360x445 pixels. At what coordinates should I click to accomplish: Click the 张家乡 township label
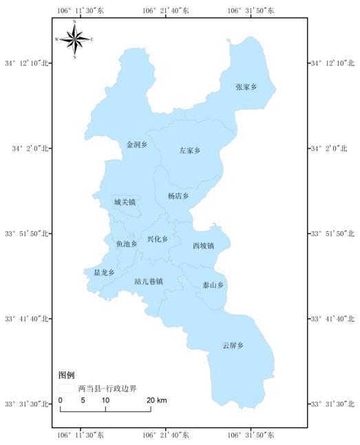point(246,87)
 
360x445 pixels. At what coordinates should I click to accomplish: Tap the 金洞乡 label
point(137,145)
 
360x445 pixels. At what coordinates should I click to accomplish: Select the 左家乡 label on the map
point(189,150)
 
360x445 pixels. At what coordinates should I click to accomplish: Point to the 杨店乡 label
point(178,196)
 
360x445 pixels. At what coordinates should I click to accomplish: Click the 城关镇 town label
point(125,202)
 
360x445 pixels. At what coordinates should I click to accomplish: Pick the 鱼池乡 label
point(126,243)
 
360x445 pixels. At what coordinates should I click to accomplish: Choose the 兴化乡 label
point(158,239)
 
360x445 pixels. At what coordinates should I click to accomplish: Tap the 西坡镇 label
point(204,246)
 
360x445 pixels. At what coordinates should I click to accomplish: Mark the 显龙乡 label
point(105,272)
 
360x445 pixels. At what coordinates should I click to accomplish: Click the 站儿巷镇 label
point(149,281)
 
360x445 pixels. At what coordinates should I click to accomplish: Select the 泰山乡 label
point(213,285)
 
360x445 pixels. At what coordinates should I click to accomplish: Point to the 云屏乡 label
point(233,345)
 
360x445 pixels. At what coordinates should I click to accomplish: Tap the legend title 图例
point(66,375)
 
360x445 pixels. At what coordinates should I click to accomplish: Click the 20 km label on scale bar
point(157,400)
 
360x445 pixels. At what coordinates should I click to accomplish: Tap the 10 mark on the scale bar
point(105,400)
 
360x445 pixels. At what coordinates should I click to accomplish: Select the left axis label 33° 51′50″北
point(28,234)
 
